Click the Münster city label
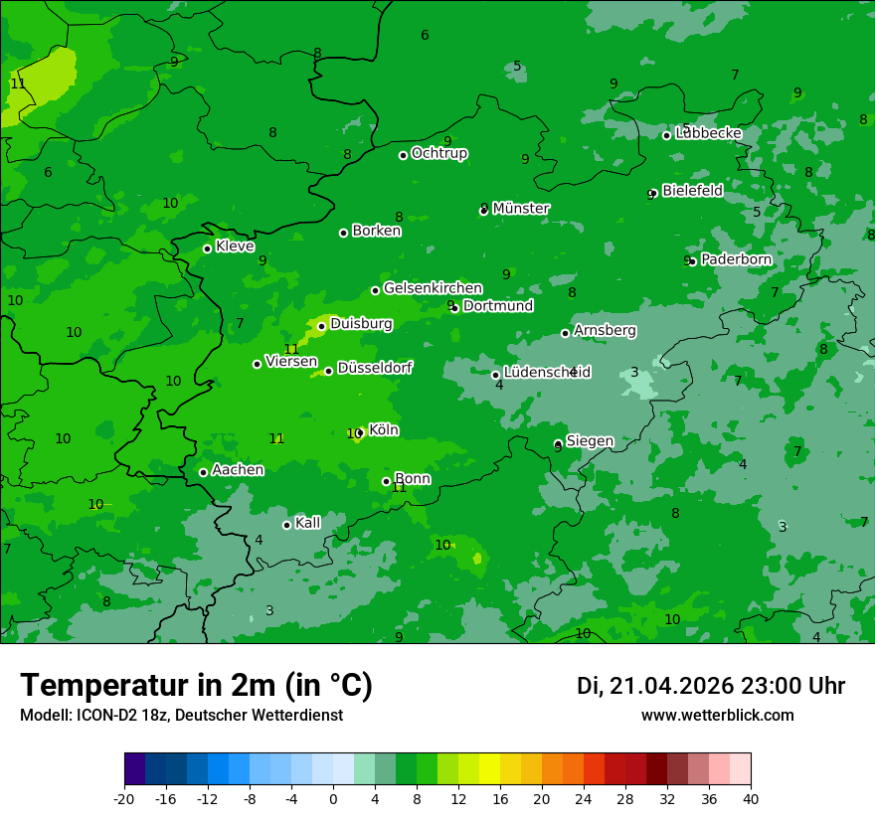point(520,209)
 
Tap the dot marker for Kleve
point(207,248)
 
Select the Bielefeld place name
point(692,190)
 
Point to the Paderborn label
point(736,259)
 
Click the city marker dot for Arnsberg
point(565,333)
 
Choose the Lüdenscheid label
point(547,373)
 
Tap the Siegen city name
point(590,440)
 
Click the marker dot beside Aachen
point(203,472)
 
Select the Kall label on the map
point(308,523)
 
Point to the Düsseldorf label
point(375,368)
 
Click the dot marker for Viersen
point(257,364)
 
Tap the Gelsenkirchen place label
point(433,288)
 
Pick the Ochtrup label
point(438,153)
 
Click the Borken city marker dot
point(344,233)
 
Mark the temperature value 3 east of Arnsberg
point(634,373)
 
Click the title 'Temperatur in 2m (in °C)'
point(196,686)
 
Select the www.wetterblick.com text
point(717,716)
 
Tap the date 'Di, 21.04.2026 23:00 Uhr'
point(710,686)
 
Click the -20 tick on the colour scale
point(124,798)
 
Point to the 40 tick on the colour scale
point(751,798)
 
